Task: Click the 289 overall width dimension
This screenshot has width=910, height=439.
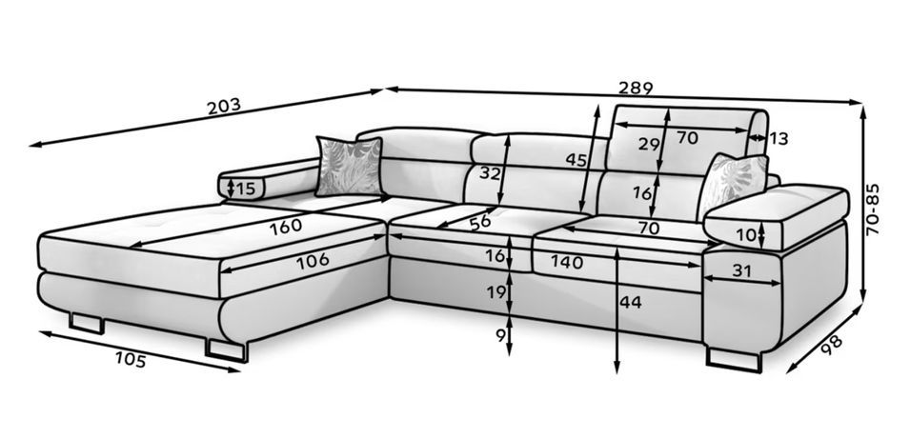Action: click(x=636, y=88)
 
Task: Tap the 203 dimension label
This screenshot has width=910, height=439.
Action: click(x=223, y=106)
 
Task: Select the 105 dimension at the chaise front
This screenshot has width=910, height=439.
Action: click(x=131, y=360)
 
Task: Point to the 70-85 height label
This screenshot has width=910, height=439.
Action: click(x=872, y=210)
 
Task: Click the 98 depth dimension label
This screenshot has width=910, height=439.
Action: click(x=832, y=346)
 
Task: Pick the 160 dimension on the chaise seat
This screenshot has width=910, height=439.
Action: click(x=286, y=227)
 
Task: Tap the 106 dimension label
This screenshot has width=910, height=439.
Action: click(x=313, y=262)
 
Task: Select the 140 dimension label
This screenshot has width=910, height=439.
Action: click(x=566, y=263)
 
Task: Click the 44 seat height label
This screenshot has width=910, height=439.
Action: click(x=630, y=302)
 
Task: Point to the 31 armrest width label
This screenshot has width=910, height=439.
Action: click(x=741, y=270)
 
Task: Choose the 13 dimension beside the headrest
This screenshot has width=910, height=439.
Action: click(x=779, y=139)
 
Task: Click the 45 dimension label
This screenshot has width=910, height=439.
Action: click(x=576, y=159)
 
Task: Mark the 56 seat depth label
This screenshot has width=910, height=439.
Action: click(x=480, y=223)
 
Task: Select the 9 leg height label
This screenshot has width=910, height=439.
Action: click(x=501, y=336)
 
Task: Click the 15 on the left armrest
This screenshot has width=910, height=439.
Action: click(x=246, y=189)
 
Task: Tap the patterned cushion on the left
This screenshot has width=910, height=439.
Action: click(x=350, y=167)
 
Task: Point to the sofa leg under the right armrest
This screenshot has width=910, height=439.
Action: click(x=733, y=359)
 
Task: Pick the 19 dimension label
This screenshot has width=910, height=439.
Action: click(x=496, y=292)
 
